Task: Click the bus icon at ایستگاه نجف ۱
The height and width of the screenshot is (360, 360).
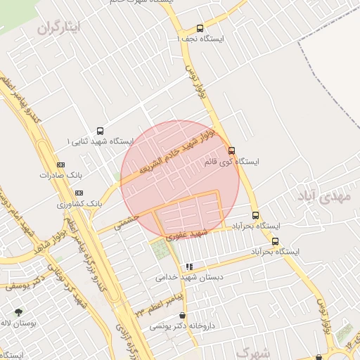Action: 200,29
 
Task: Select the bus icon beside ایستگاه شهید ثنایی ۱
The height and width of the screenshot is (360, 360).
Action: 100,131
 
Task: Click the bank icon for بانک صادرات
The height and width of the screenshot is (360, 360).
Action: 60,165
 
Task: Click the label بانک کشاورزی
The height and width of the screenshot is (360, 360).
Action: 80,203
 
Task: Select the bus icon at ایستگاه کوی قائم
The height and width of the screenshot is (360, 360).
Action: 231,150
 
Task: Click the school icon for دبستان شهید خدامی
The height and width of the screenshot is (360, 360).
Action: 189,267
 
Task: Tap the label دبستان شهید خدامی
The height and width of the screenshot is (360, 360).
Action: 189,278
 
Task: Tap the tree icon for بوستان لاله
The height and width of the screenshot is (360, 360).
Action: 18,312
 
